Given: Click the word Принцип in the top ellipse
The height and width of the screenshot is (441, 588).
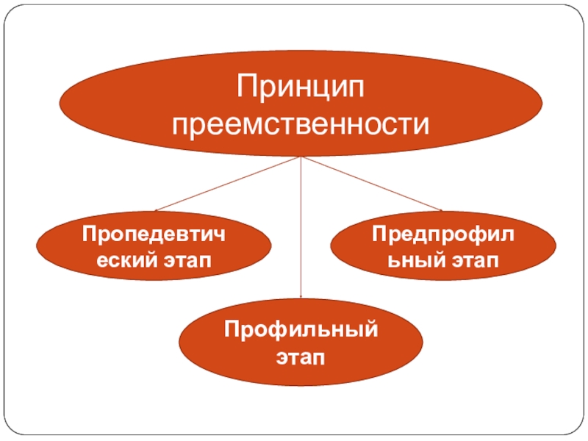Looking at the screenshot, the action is pos(300,90).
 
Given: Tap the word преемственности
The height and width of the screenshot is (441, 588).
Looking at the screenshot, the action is pos(300,125).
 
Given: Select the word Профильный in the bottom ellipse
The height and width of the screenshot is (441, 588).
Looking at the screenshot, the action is pos(301,327).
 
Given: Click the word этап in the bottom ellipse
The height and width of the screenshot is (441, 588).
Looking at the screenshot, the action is pos(301,358).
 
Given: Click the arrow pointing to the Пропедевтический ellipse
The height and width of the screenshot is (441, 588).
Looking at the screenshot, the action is pos(228,184).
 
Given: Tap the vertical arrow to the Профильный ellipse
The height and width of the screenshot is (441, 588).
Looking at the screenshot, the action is pos(301,228).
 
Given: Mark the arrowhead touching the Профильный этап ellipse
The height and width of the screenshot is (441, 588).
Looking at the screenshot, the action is pos(301,296).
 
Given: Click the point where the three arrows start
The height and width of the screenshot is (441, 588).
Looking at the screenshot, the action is pos(301,157).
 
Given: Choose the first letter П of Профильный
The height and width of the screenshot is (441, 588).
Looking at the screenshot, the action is pos(231,327).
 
